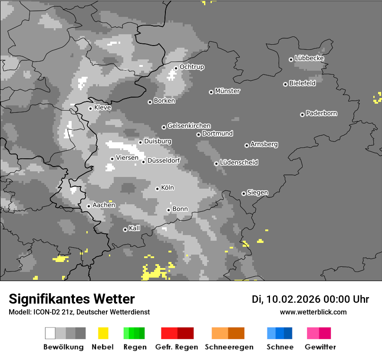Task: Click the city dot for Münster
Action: (211, 92)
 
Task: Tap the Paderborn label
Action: (321, 113)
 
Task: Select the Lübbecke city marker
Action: (291, 59)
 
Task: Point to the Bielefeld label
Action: (302, 83)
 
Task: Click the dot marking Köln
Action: (157, 189)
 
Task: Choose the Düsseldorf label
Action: (164, 160)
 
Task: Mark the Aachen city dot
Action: (89, 206)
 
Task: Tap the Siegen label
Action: (257, 193)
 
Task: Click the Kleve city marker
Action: (90, 108)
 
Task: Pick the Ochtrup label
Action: (192, 67)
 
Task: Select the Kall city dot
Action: (125, 229)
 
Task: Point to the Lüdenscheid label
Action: (239, 162)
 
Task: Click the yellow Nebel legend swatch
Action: (103, 333)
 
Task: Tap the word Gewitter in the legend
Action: (320, 347)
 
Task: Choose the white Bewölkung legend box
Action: (50, 333)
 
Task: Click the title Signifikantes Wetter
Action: (72, 299)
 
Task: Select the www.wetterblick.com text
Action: (313, 312)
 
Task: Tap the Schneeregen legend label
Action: (228, 347)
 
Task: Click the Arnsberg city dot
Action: (247, 145)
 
